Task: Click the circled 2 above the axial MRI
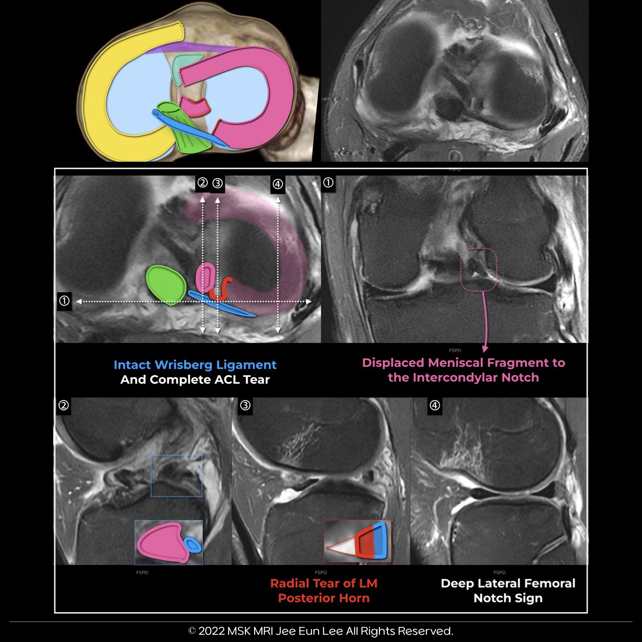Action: pos(203,183)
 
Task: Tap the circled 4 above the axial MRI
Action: pos(278,184)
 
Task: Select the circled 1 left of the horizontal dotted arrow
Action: pos(64,301)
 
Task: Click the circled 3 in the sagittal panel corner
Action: pos(245,405)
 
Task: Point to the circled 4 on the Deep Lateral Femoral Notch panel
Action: pos(435,405)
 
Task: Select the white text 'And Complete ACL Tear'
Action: pos(195,380)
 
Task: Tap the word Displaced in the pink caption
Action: pos(393,363)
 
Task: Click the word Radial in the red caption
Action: pos(289,583)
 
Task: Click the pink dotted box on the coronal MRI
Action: pos(479,269)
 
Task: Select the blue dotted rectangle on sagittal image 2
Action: pos(177,476)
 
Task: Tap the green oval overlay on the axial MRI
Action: pos(165,284)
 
